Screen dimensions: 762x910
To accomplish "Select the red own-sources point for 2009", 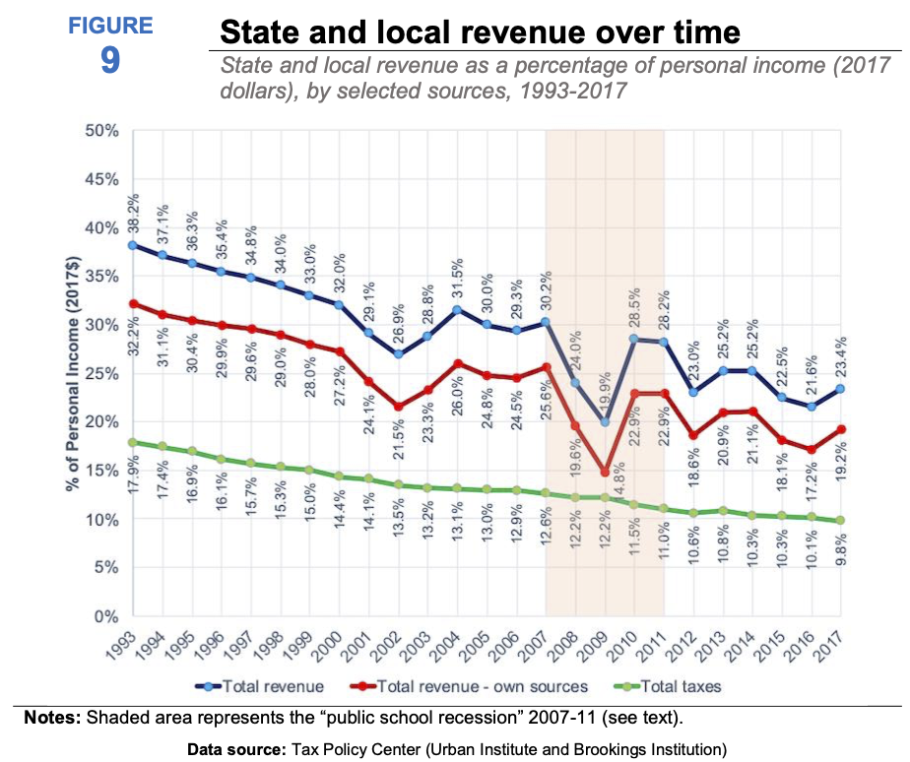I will click(x=605, y=473).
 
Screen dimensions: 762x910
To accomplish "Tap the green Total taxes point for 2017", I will click(x=839, y=521).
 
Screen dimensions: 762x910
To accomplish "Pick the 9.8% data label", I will click(x=840, y=546).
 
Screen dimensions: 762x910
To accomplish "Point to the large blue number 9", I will click(x=109, y=61).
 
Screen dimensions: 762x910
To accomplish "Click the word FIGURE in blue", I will click(x=109, y=26).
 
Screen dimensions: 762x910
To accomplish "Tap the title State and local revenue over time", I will click(x=479, y=32).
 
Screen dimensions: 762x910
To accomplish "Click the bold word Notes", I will click(x=52, y=717).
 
